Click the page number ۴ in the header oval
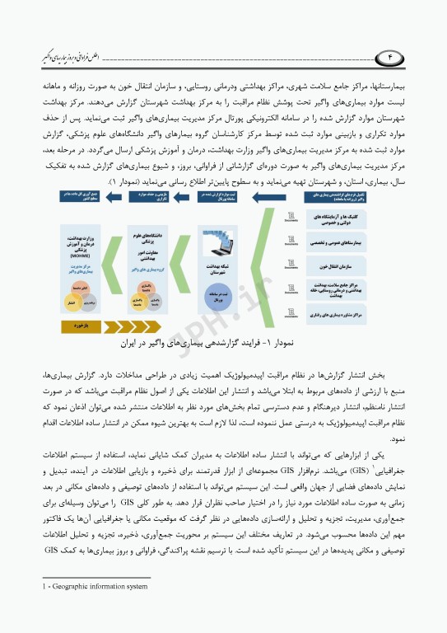(x=393, y=58)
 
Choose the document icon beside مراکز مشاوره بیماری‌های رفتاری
(x=291, y=316)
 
